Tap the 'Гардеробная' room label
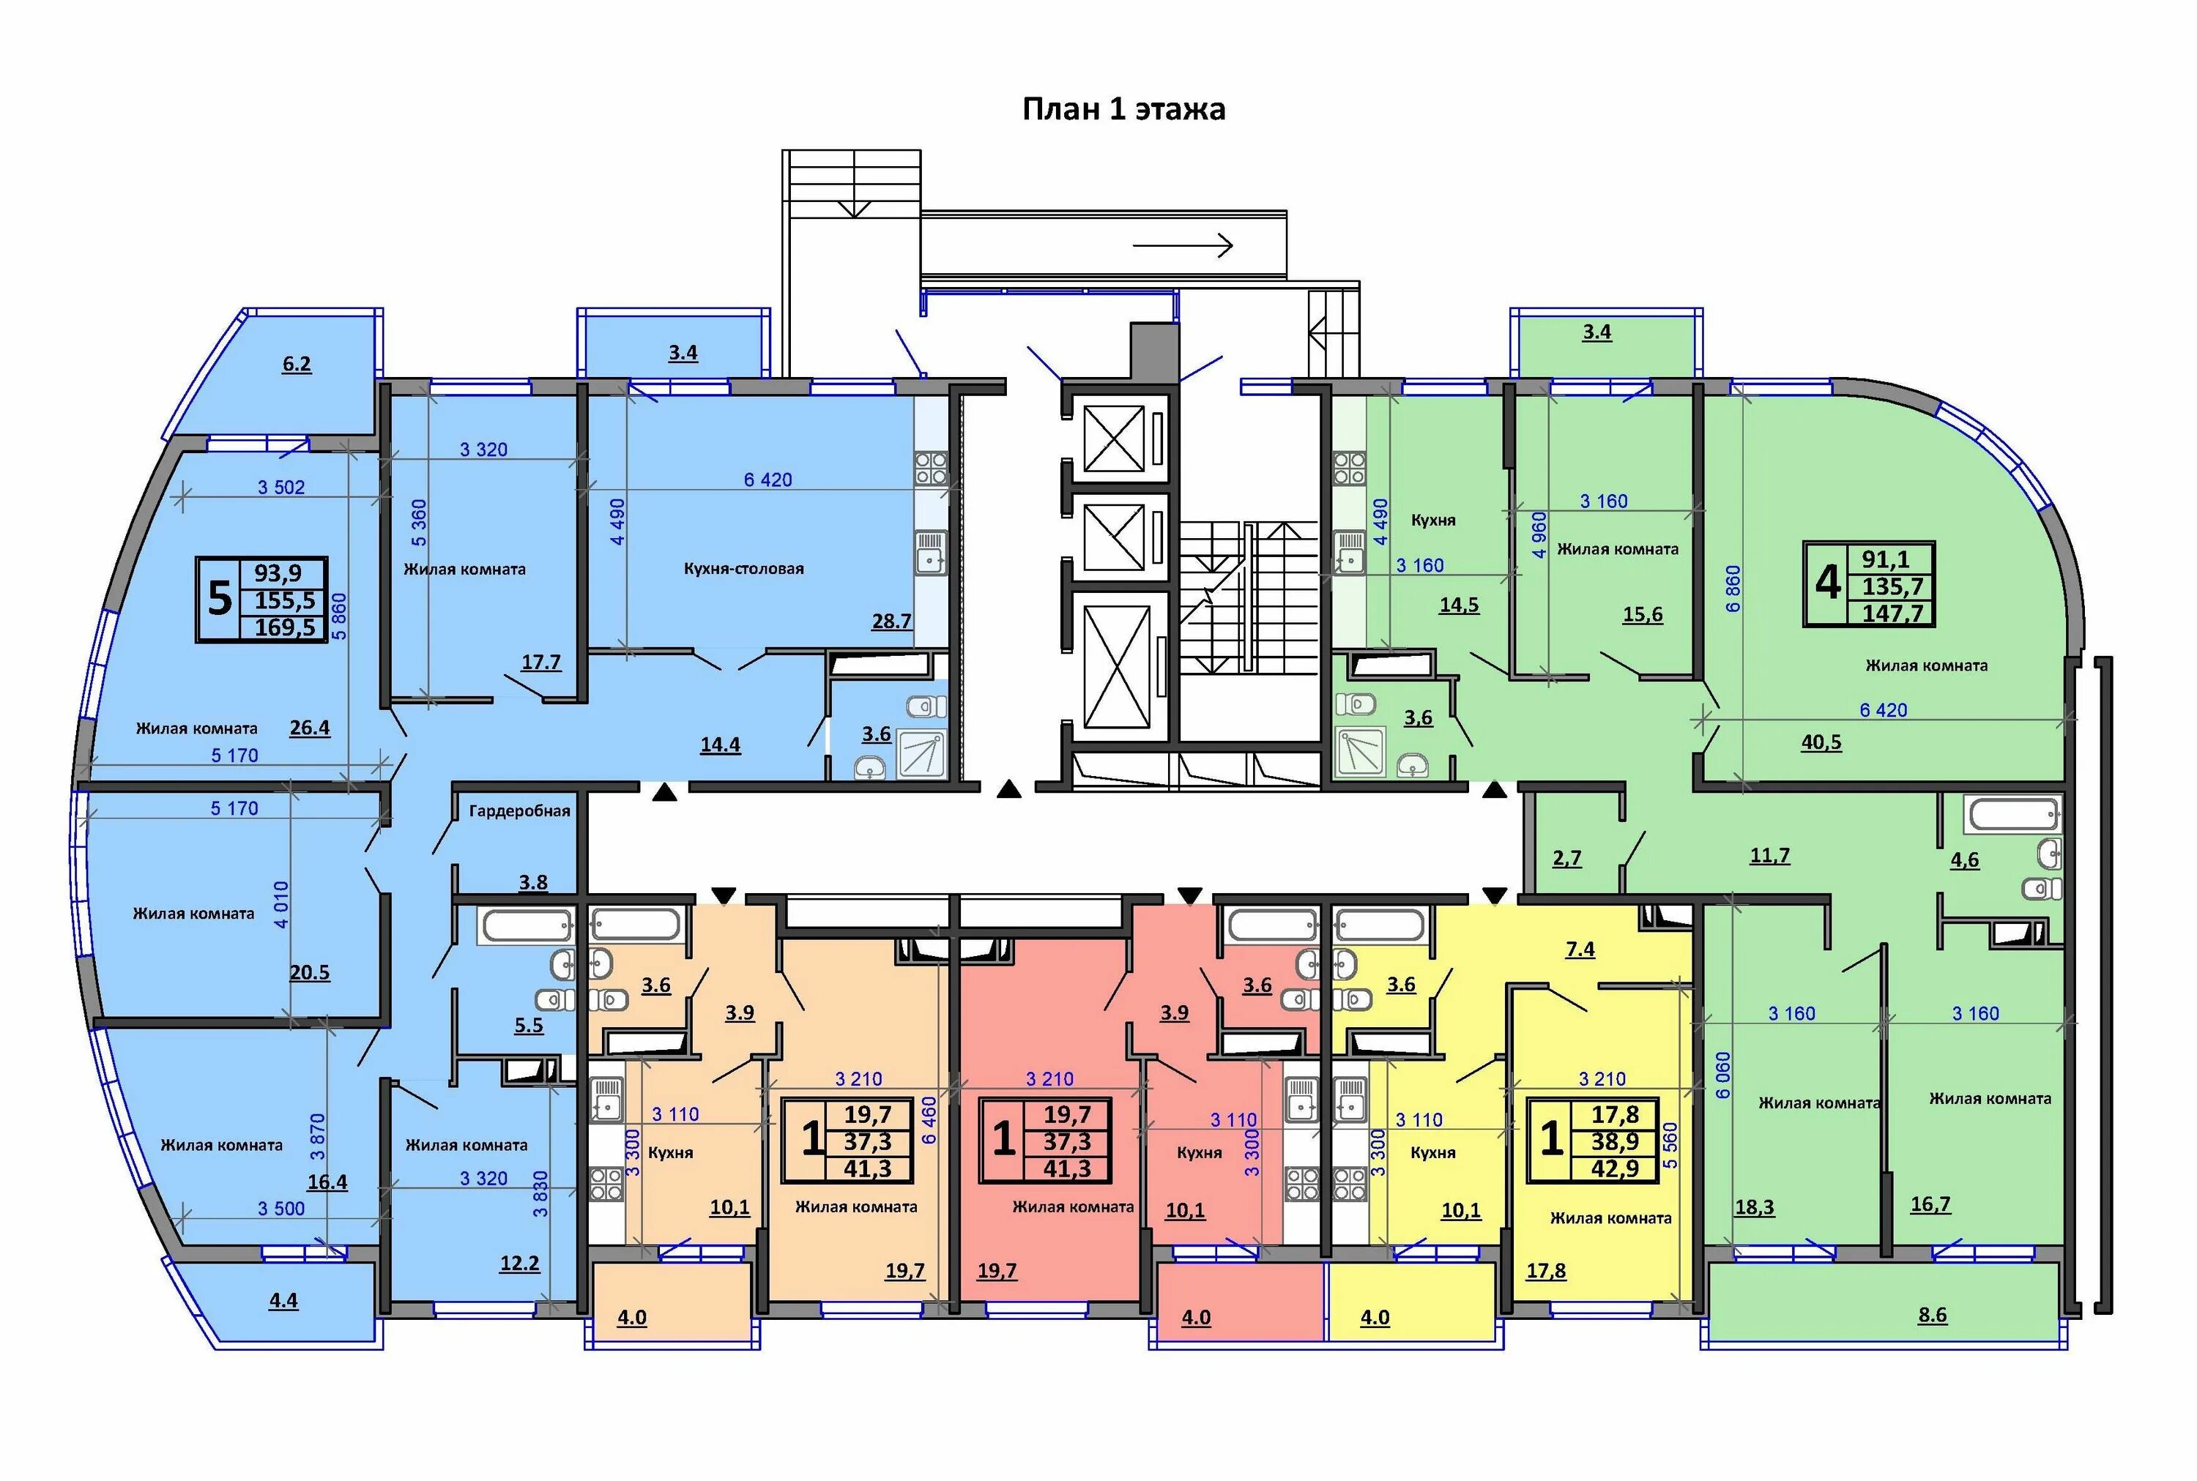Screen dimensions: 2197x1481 [x=519, y=810]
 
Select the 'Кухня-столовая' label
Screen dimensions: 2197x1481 [x=743, y=569]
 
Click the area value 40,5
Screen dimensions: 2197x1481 [x=1821, y=742]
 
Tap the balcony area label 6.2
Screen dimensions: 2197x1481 [x=297, y=365]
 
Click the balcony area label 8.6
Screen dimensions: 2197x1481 [x=1933, y=1315]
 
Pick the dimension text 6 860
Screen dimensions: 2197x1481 [x=1732, y=589]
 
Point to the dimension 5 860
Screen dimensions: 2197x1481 [x=340, y=616]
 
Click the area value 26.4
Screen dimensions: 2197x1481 [x=310, y=727]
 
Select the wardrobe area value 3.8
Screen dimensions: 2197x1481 [x=532, y=882]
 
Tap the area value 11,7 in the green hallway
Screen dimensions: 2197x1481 [x=1770, y=856]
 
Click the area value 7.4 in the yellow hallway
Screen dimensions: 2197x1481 [x=1580, y=950]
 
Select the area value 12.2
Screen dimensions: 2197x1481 [x=519, y=1264]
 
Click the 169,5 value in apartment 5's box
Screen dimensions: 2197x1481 [x=286, y=626]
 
